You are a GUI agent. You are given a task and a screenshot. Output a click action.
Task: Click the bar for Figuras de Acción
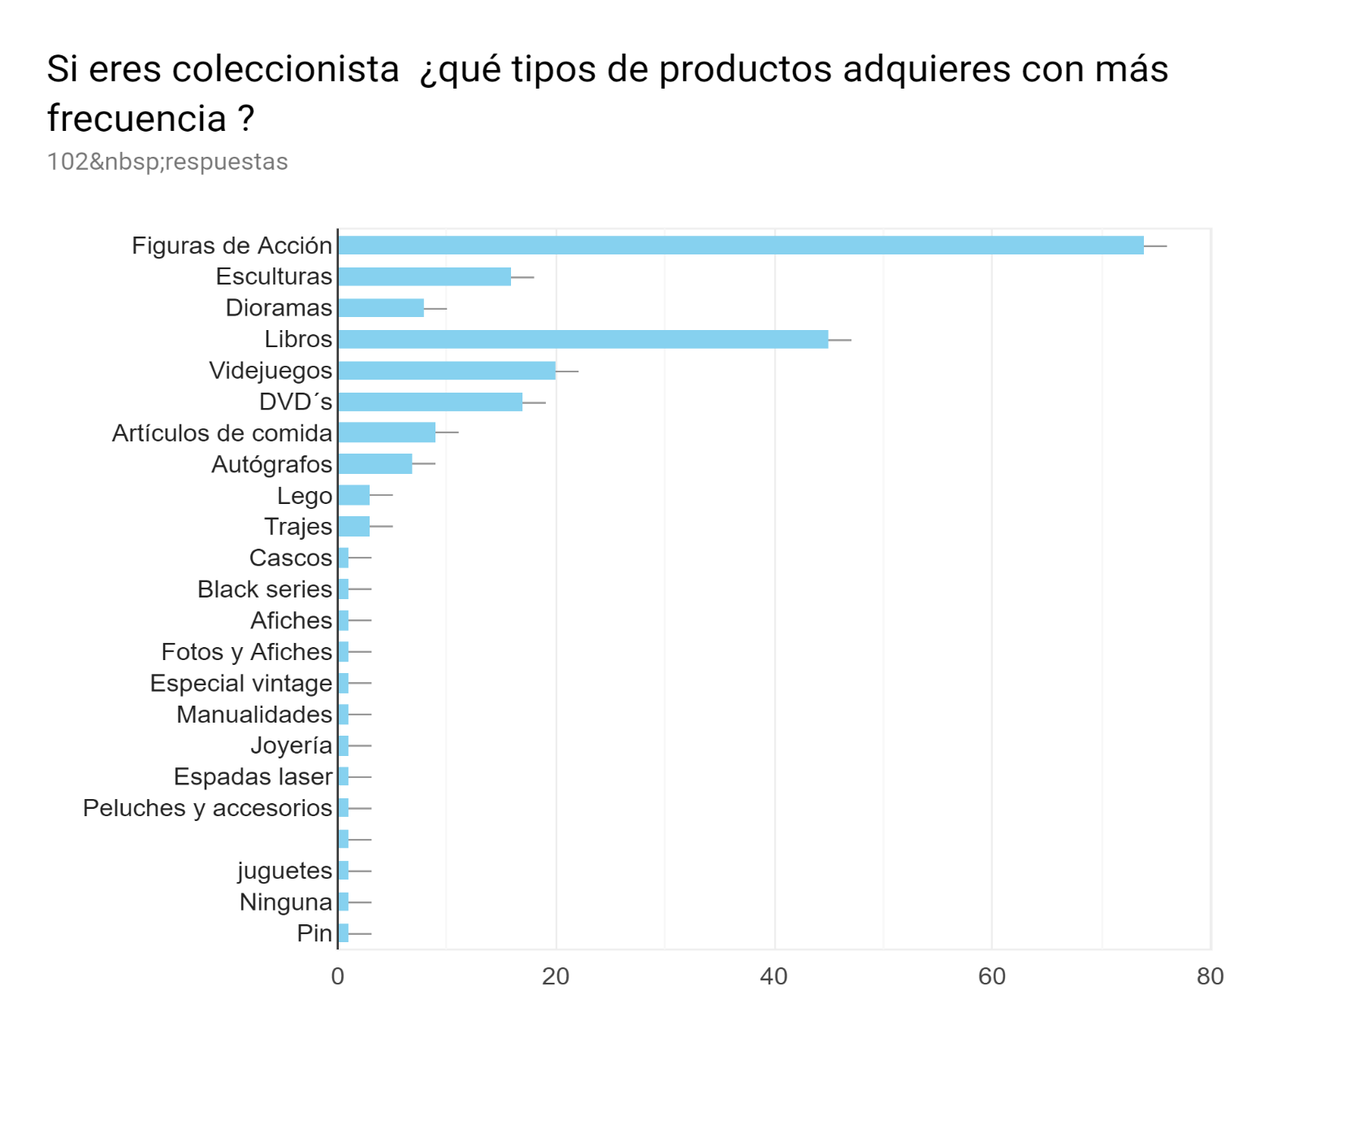740,245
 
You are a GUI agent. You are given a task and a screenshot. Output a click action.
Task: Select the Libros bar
583,339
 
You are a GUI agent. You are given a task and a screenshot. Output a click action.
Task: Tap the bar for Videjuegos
446,371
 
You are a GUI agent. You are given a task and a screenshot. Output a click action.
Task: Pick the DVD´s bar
430,402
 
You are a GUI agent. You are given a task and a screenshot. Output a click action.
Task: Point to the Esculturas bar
424,276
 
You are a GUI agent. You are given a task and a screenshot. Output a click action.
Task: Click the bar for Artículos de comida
387,432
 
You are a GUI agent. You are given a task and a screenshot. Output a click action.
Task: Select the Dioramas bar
380,308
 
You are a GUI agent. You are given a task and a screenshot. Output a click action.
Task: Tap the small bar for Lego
353,495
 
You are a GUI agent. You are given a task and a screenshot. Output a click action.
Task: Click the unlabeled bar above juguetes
344,839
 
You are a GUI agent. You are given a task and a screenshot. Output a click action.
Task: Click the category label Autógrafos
271,464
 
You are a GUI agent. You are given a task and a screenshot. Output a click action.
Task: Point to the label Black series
264,589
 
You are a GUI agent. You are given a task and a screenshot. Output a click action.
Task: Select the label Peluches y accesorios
207,808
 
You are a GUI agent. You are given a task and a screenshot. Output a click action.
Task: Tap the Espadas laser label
253,777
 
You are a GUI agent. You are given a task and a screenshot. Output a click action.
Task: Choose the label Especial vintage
240,683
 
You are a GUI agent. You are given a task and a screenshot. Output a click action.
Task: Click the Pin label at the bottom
314,933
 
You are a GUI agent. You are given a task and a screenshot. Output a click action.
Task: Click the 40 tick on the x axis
773,976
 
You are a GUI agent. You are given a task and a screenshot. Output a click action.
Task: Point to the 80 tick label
1210,976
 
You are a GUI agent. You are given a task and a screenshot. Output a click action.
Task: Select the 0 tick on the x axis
338,976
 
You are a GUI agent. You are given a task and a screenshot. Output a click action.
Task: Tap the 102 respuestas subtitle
167,162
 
